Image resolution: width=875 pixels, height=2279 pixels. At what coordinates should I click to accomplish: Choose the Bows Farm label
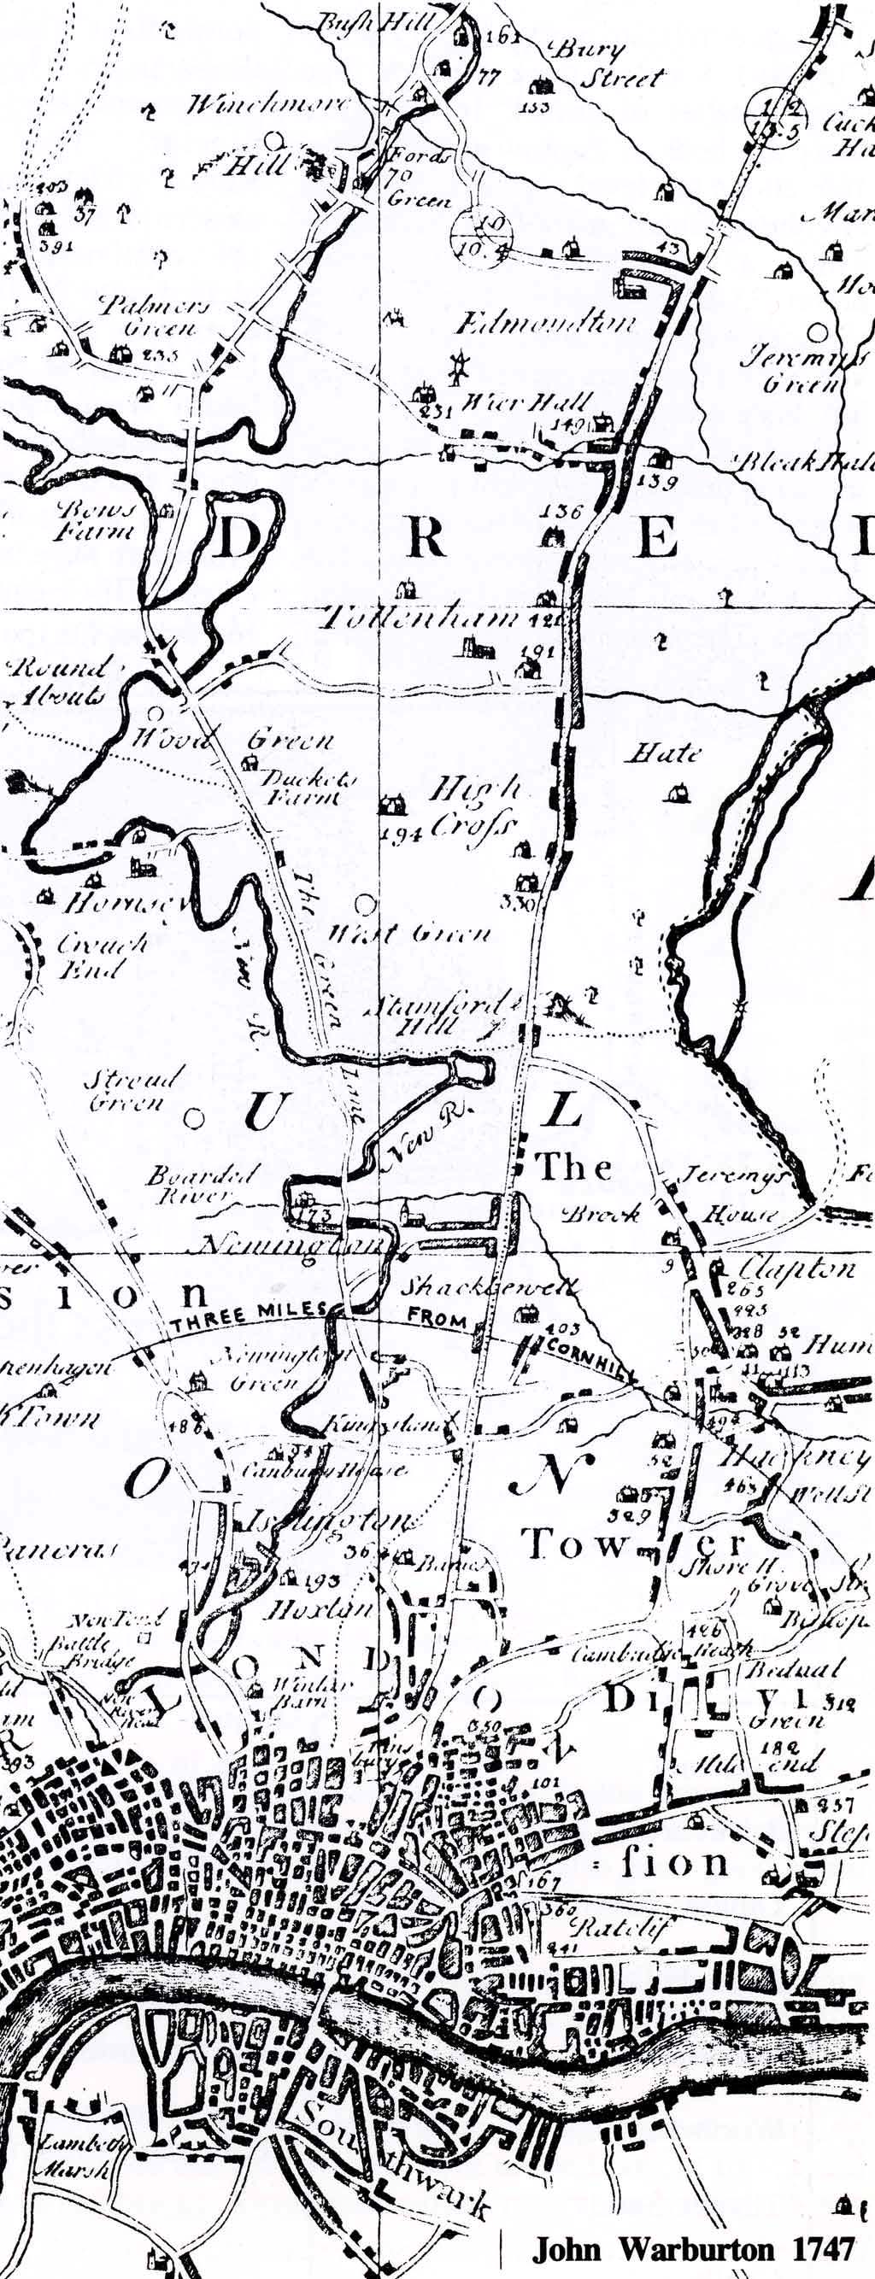(96, 521)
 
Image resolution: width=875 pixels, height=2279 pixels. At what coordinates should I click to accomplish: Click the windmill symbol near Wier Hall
(458, 366)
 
